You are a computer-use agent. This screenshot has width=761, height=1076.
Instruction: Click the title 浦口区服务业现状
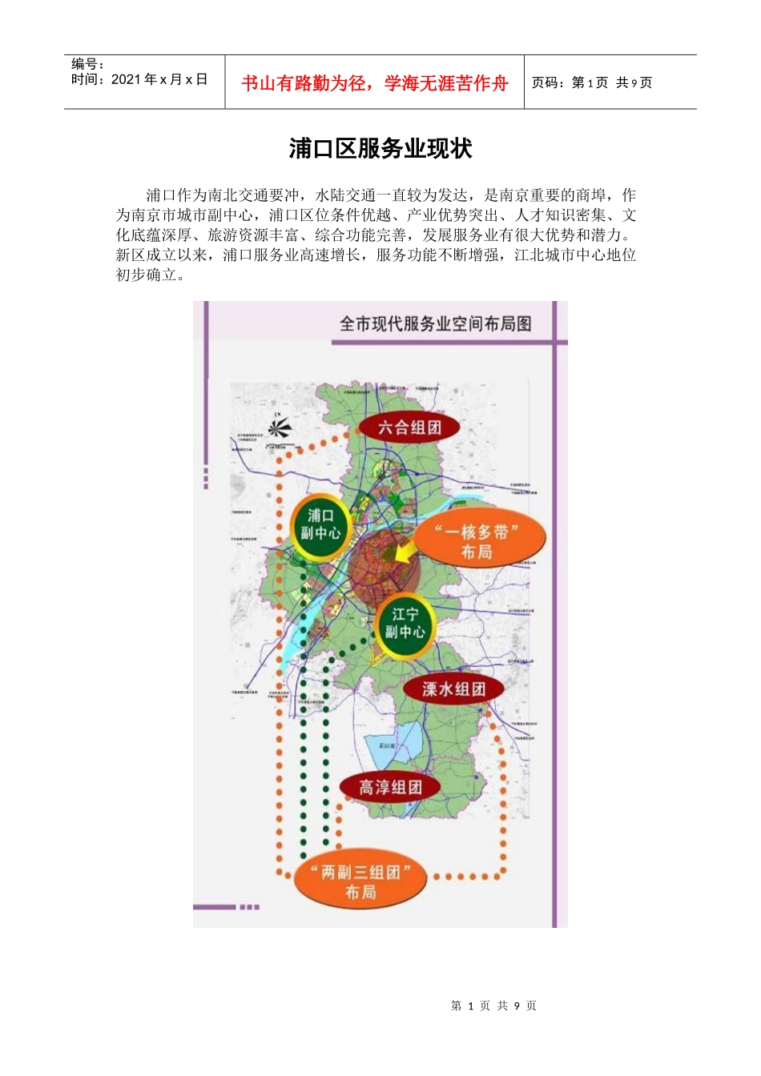pos(380,149)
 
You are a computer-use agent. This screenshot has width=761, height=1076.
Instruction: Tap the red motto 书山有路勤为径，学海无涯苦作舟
pos(374,83)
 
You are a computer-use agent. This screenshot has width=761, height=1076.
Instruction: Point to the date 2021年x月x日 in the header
pos(159,79)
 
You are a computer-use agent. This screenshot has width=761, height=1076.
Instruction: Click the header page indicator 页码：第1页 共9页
pos(592,82)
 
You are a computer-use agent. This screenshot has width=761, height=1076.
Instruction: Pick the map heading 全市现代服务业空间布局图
pos(435,323)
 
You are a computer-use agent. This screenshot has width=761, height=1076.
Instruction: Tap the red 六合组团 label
pos(409,427)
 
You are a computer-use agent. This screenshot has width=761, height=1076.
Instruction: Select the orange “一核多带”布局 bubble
pos(478,541)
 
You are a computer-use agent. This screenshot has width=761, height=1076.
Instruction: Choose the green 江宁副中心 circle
pos(405,624)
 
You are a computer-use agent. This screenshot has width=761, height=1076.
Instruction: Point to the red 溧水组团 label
pos(453,689)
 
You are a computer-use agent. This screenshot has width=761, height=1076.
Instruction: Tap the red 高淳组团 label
pos(390,787)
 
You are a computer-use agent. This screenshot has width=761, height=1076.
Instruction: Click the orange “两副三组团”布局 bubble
pos(360,881)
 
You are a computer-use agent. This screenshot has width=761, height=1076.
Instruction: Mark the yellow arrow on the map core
pos(405,552)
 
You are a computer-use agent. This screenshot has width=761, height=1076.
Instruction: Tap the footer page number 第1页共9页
pos(493,1006)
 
